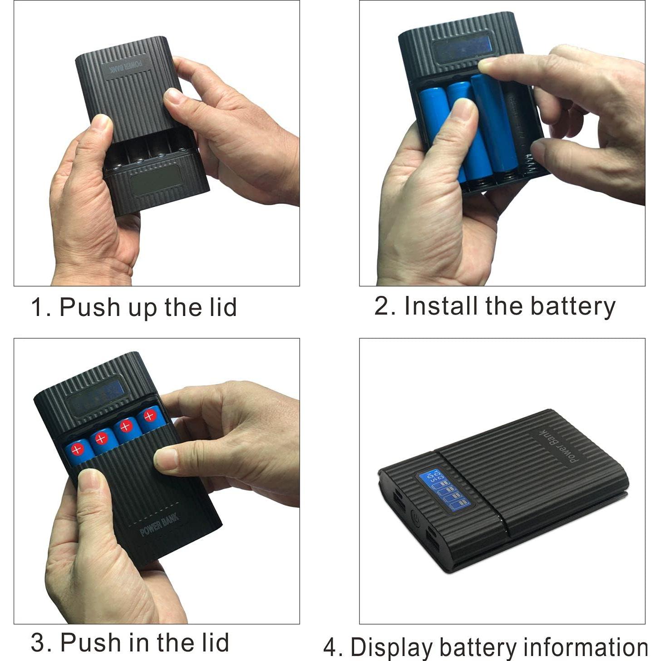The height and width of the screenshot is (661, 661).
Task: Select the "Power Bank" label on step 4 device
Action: coord(559,447)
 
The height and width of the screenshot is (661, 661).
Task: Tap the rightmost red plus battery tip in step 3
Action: coord(149,415)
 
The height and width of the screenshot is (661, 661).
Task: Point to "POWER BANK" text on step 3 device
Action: coord(159,524)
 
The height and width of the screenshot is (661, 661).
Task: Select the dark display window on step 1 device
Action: coord(156,181)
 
